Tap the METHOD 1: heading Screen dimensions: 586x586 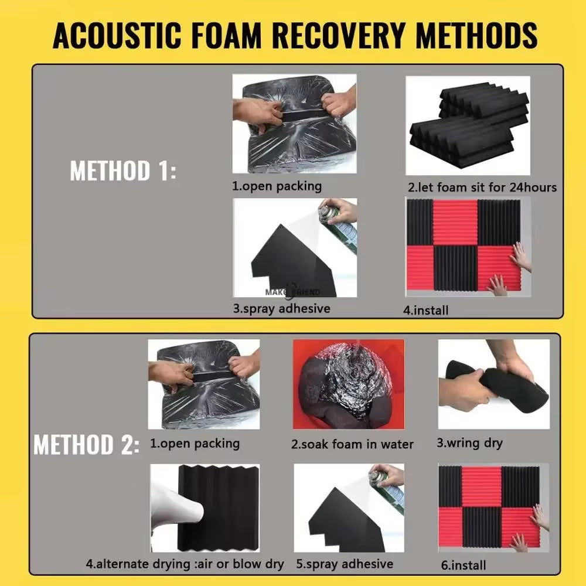tap(123, 171)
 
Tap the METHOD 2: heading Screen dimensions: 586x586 tap(87, 444)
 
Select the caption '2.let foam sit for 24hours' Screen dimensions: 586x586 tap(482, 188)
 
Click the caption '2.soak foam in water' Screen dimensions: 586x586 tap(352, 444)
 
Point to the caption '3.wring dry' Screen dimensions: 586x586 tap(469, 443)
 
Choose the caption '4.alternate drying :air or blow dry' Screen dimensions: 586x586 tap(185, 564)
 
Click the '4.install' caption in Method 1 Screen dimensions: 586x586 tap(425, 310)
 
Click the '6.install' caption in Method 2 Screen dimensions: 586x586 tap(464, 565)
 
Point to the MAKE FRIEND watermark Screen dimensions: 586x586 tap(292, 292)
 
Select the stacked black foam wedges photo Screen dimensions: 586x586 tap(468, 125)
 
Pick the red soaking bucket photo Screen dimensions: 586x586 tap(349, 384)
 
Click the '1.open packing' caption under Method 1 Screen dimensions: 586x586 tap(277, 186)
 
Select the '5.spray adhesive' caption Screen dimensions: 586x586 tap(345, 564)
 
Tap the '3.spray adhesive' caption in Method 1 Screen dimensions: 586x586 tap(282, 309)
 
